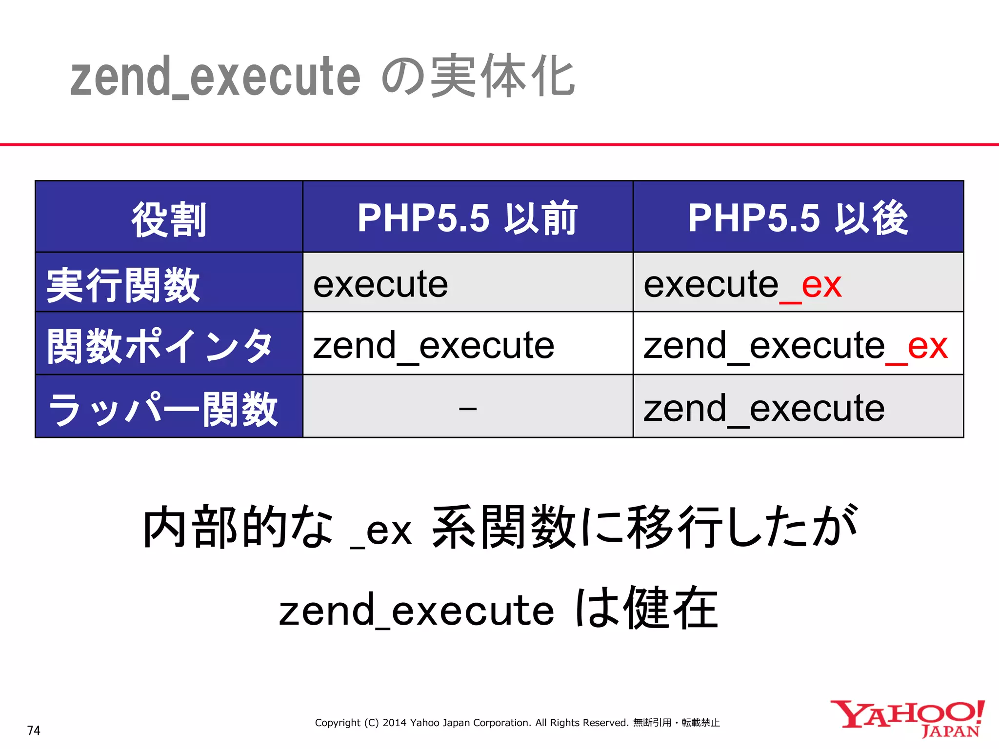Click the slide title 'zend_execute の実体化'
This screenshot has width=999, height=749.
[322, 77]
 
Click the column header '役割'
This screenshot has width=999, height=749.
[169, 218]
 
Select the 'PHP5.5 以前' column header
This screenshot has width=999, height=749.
[467, 218]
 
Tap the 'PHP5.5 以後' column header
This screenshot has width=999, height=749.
[798, 218]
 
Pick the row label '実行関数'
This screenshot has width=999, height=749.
[123, 285]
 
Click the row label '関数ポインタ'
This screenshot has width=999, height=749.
[160, 346]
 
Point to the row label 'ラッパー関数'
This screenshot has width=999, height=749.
[163, 409]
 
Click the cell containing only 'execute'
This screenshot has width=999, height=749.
[380, 284]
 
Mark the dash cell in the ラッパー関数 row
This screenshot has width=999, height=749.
[467, 408]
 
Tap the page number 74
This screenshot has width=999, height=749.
[34, 730]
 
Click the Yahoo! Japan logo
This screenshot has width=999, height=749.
[907, 718]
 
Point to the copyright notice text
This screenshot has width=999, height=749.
[517, 723]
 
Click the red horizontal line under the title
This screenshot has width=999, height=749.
[499, 144]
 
